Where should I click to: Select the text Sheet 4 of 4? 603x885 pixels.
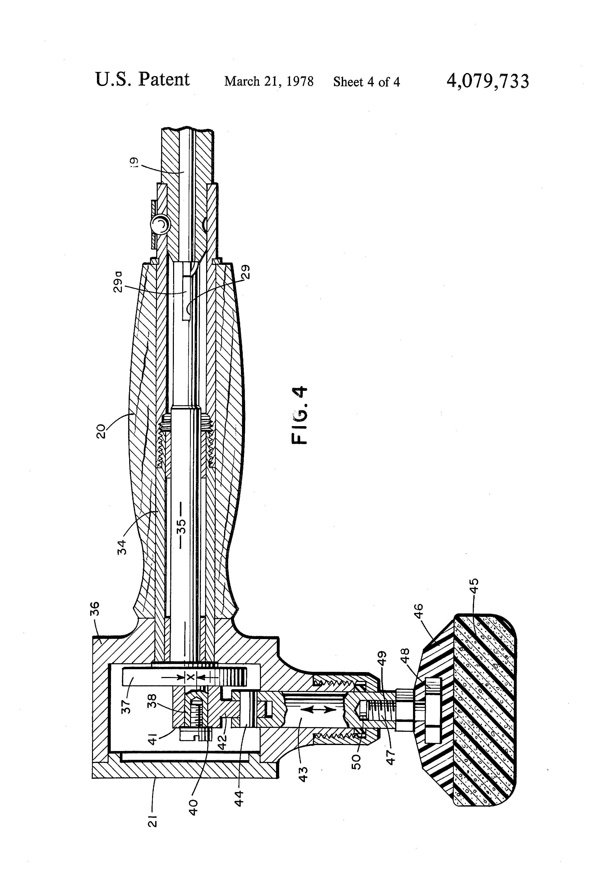tap(366, 82)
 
